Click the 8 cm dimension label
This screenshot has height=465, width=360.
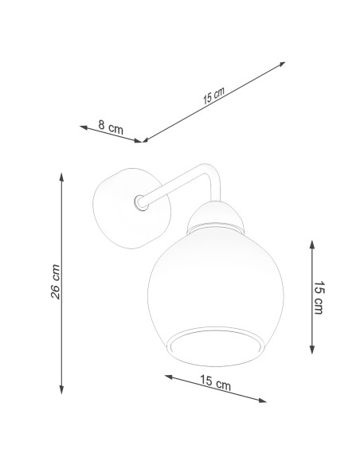click(111, 127)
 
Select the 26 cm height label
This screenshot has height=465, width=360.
click(55, 282)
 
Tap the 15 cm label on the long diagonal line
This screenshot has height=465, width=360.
click(213, 96)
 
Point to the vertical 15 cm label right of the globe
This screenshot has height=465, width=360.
click(319, 298)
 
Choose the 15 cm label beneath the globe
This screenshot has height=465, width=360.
click(215, 382)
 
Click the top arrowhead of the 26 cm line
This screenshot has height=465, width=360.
click(61, 177)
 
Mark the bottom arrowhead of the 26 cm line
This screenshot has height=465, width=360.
click(61, 389)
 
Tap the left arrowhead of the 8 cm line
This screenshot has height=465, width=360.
click(84, 127)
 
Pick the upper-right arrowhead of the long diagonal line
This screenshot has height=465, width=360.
click(281, 64)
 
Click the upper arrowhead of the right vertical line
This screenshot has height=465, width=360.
click(311, 244)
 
